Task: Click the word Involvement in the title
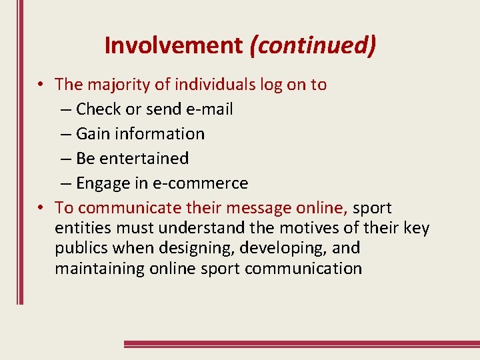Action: click(x=174, y=45)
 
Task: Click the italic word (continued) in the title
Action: click(x=313, y=45)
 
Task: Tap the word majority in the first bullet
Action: click(x=117, y=85)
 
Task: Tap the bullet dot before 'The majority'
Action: click(x=41, y=85)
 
